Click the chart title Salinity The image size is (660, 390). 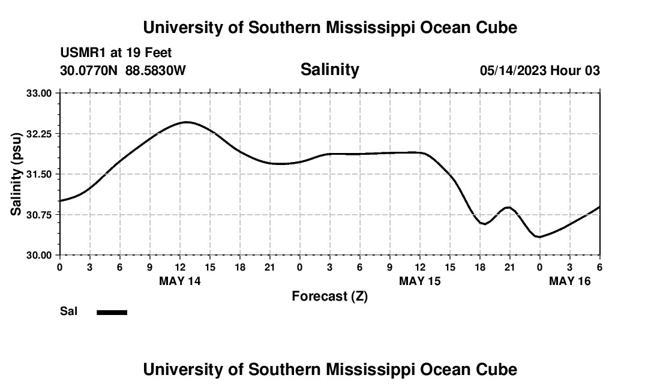(329, 70)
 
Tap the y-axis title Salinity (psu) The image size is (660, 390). (16, 174)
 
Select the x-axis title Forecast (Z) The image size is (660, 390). (329, 296)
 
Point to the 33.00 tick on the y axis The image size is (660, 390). (39, 93)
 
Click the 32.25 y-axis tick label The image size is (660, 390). (39, 133)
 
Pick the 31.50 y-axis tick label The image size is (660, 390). (39, 174)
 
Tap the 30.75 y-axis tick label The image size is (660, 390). (39, 214)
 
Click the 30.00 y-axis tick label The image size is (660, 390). (39, 254)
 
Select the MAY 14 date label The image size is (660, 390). (180, 281)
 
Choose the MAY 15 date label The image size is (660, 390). (420, 281)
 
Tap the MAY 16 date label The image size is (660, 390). (570, 281)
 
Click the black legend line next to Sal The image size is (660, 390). (112, 312)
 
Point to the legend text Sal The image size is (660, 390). (68, 311)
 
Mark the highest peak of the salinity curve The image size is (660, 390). (187, 122)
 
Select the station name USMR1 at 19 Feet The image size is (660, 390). (116, 53)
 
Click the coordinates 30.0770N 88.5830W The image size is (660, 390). (123, 71)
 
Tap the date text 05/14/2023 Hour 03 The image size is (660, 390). (539, 71)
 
